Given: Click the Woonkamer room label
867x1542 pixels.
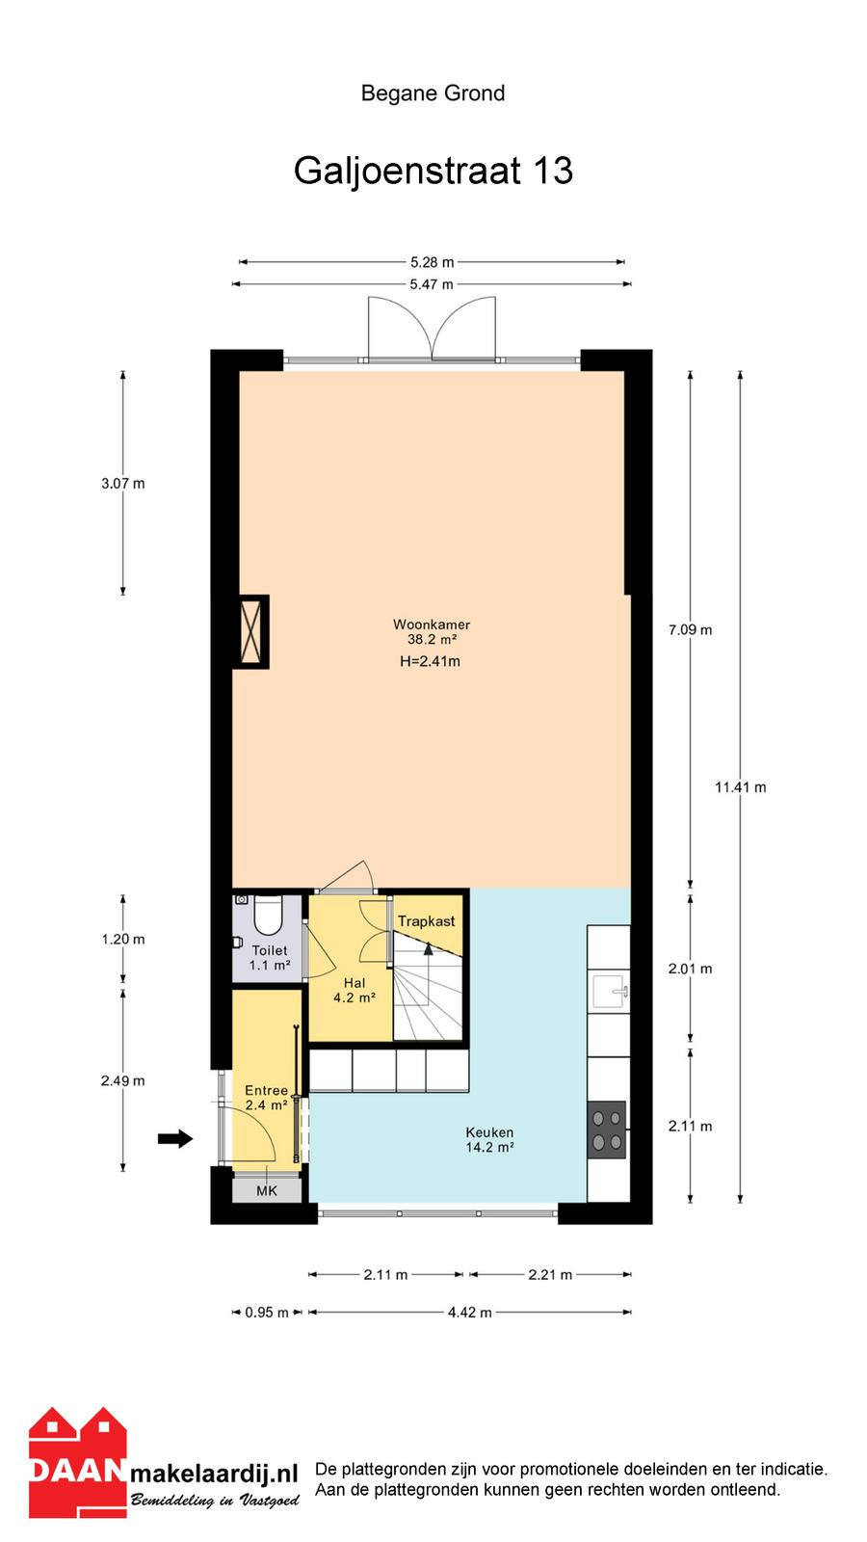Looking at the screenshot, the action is pyautogui.click(x=432, y=625).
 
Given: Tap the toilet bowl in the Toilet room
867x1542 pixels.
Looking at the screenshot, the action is pyautogui.click(x=269, y=915).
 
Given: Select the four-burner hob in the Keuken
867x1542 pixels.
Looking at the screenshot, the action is pyautogui.click(x=607, y=1130).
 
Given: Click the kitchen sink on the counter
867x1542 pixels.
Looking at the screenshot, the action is pyautogui.click(x=610, y=992).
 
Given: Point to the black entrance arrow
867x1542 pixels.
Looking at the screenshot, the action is pyautogui.click(x=174, y=1138).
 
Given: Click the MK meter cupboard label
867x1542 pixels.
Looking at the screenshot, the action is pyautogui.click(x=266, y=1190).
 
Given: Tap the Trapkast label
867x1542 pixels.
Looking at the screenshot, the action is pyautogui.click(x=426, y=921).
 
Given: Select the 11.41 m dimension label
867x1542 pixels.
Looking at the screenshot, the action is pyautogui.click(x=741, y=786).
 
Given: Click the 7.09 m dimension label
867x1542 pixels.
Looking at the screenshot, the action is pyautogui.click(x=690, y=629).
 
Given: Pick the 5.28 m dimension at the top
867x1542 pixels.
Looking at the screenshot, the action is pyautogui.click(x=433, y=261).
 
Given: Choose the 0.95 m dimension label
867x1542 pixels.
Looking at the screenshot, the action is pyautogui.click(x=267, y=1312).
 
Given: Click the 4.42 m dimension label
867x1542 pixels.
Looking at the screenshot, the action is pyautogui.click(x=470, y=1312).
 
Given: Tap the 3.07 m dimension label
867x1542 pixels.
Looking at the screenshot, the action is pyautogui.click(x=123, y=483).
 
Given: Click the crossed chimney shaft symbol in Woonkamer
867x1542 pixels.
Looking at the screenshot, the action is pyautogui.click(x=250, y=631).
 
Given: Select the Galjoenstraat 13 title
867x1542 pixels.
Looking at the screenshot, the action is pyautogui.click(x=433, y=170).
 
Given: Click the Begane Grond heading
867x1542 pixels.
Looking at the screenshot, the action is pyautogui.click(x=433, y=93).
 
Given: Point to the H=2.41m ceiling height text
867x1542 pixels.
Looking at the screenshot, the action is pyautogui.click(x=430, y=661).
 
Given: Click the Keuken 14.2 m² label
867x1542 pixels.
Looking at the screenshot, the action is pyautogui.click(x=490, y=1139).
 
